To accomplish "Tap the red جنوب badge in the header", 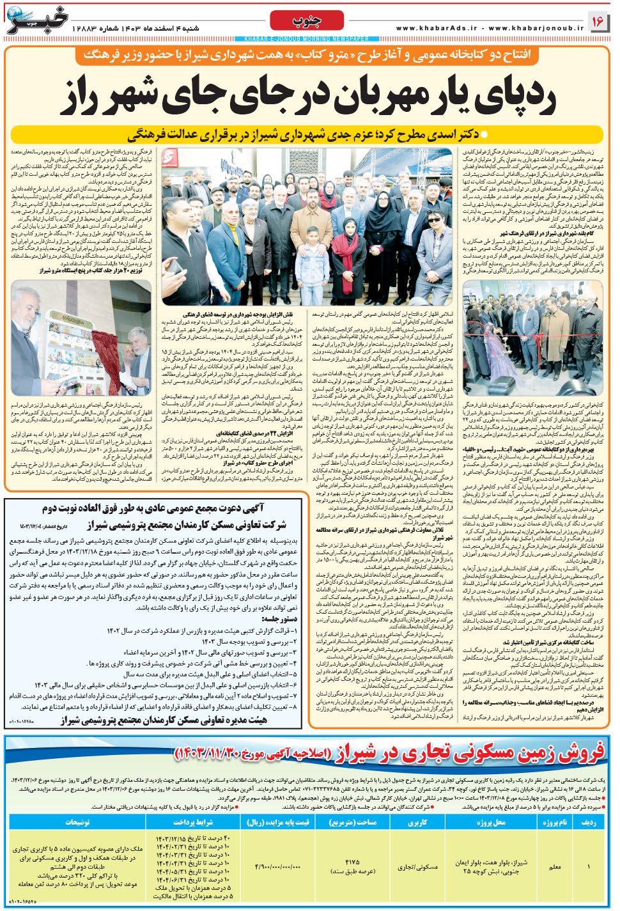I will (x=306, y=20).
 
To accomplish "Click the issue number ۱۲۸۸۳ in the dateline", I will (x=84, y=29).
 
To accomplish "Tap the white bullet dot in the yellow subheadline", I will (x=484, y=135).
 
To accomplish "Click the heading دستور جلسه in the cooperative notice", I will (x=280, y=619).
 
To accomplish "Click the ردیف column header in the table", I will (x=589, y=822).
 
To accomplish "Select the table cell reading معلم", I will (x=555, y=867).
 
